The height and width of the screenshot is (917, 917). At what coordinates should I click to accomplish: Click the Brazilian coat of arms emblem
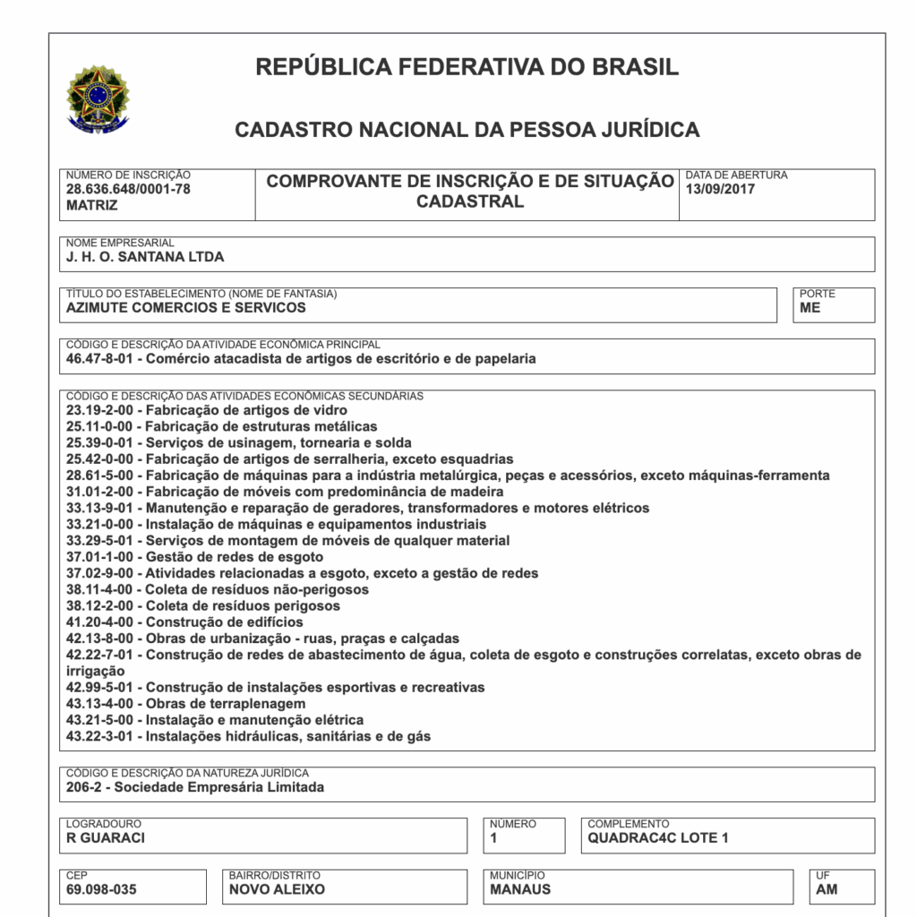(x=98, y=99)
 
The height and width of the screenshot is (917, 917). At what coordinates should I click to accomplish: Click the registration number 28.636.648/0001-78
(x=128, y=189)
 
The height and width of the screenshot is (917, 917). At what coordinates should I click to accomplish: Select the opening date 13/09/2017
(x=720, y=189)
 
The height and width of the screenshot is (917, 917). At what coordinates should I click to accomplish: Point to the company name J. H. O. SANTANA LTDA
(x=145, y=257)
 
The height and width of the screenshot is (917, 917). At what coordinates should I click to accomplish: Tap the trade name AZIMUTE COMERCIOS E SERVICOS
(x=186, y=308)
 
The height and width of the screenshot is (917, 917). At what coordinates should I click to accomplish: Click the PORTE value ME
(x=810, y=308)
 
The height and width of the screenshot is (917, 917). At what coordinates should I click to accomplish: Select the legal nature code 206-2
(x=84, y=788)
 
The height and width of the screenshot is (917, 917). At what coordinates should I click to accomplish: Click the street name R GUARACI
(x=106, y=839)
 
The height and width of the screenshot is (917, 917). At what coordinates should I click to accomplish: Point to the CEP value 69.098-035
(x=102, y=890)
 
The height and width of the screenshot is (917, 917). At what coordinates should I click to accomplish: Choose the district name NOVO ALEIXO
(x=277, y=890)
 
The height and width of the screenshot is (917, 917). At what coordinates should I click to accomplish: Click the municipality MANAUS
(x=520, y=890)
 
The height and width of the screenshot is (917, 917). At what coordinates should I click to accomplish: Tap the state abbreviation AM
(x=827, y=890)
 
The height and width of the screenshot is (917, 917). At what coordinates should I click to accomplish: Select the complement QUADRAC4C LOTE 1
(x=658, y=839)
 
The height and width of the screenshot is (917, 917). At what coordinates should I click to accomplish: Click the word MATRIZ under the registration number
(x=91, y=205)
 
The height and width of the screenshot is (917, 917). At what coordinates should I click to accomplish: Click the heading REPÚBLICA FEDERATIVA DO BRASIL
(x=467, y=67)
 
